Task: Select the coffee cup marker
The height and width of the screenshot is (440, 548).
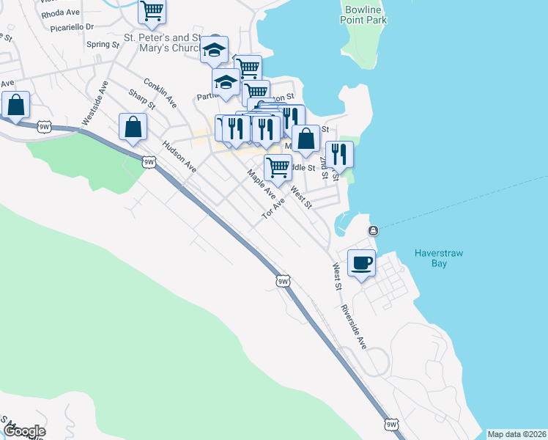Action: tap(361, 263)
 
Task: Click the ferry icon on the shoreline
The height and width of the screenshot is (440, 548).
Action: tap(374, 231)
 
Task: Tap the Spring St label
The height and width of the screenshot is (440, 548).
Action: tap(103, 45)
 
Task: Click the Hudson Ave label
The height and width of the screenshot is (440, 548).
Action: tap(179, 156)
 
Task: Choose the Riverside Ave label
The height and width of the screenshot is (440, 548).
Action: tap(353, 323)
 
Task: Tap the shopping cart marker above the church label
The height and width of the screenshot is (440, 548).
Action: tap(152, 11)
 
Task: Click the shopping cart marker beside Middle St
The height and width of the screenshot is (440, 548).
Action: tap(278, 166)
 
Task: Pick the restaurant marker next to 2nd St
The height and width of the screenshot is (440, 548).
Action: tap(339, 154)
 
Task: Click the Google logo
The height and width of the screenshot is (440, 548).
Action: tap(24, 431)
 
